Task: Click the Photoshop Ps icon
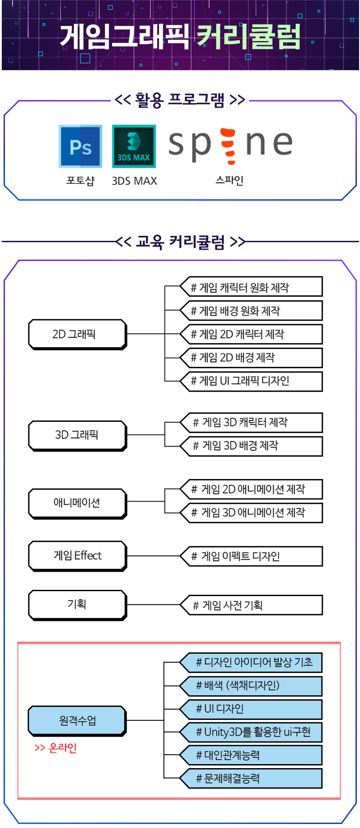point(80,146)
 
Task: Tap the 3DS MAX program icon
point(134,146)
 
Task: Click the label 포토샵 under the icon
point(81,181)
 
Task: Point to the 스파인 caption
point(229,180)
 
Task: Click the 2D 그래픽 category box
point(77,335)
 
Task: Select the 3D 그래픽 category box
point(77,436)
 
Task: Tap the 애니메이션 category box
point(77,504)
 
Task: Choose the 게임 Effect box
point(77,556)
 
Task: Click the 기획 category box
point(77,605)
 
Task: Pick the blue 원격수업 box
point(77,721)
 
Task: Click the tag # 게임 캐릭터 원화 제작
point(251,287)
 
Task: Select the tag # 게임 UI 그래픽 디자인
point(251,381)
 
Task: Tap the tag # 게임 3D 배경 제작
point(251,446)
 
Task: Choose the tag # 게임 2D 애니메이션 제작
point(251,489)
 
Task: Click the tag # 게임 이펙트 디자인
point(251,557)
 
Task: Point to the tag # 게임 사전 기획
point(251,606)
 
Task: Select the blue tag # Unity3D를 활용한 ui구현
point(251,732)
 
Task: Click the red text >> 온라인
point(56,748)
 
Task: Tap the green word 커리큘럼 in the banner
point(248,36)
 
